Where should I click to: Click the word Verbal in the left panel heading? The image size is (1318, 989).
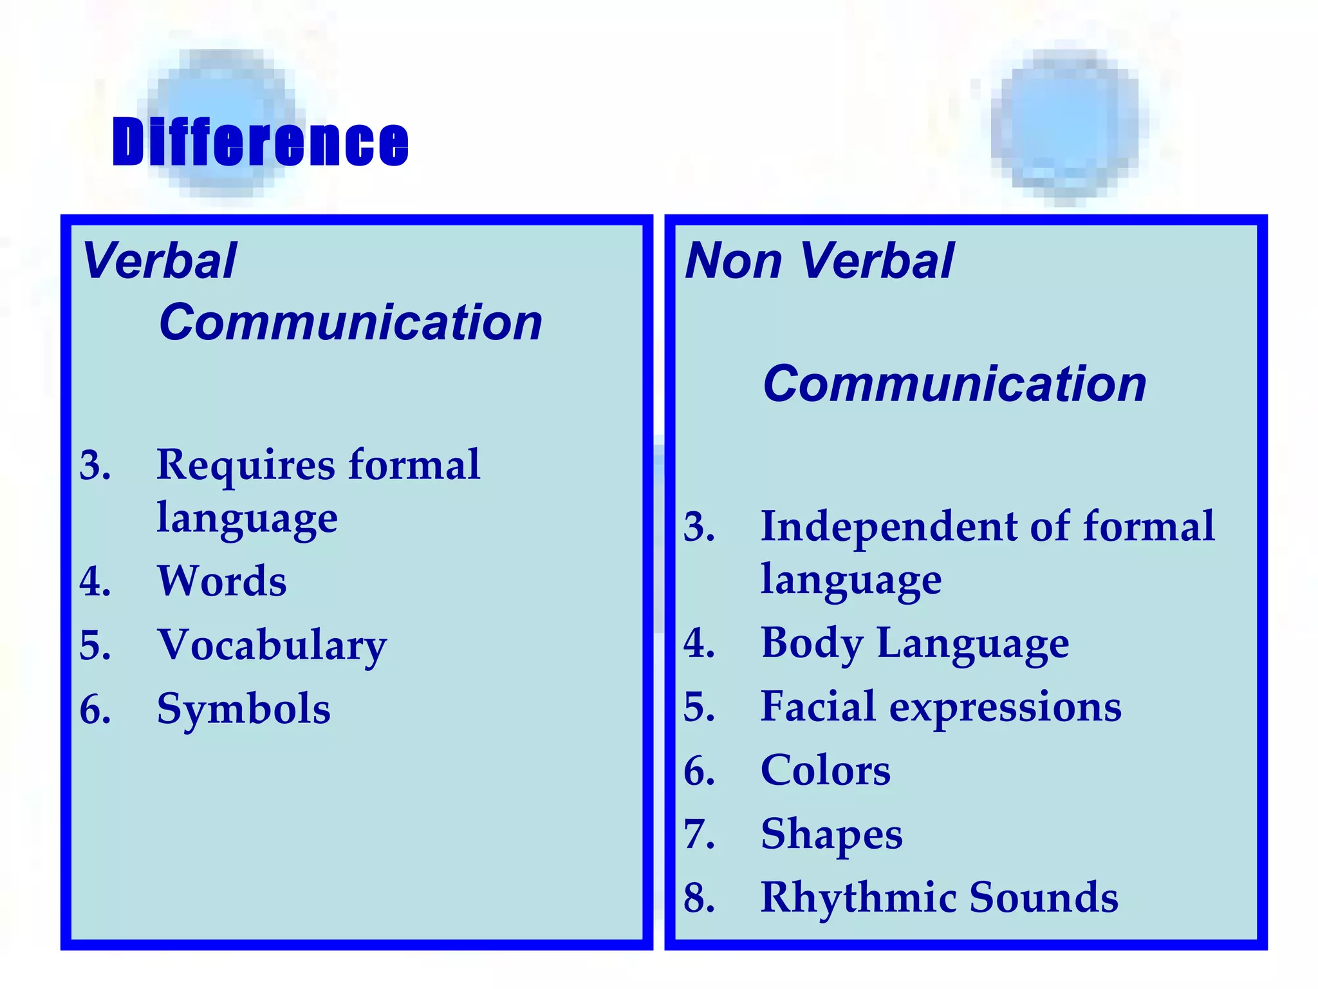click(x=160, y=261)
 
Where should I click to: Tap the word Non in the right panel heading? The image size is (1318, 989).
click(x=733, y=261)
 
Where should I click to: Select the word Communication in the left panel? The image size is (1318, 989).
click(x=351, y=322)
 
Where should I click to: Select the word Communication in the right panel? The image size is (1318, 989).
click(x=954, y=383)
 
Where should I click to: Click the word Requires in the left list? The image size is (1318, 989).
click(x=246, y=464)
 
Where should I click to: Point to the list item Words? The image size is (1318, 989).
click(x=222, y=581)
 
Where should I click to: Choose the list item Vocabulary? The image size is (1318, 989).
click(x=272, y=645)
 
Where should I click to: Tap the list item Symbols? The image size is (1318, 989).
click(x=244, y=709)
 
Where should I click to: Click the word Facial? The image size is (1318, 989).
click(x=818, y=706)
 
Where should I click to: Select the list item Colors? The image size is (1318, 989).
click(x=826, y=770)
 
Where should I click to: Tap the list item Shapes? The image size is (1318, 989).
click(x=831, y=834)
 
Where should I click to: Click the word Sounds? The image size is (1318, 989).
click(x=1044, y=897)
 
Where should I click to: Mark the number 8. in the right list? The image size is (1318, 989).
click(x=700, y=898)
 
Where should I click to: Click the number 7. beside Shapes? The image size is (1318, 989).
click(x=700, y=834)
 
